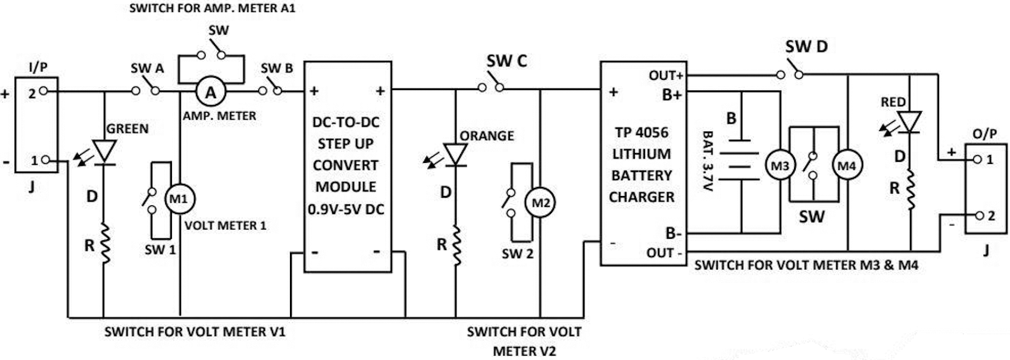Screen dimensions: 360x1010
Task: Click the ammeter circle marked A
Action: [211, 93]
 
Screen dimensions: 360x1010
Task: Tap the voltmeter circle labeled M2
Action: [541, 203]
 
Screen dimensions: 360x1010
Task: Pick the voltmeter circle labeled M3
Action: [780, 166]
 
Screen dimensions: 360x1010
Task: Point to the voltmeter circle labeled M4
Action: [847, 166]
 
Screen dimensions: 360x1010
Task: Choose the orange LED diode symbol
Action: [456, 155]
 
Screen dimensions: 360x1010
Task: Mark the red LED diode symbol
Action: [911, 122]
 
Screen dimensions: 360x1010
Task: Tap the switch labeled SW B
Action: [270, 89]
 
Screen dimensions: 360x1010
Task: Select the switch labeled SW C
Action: [490, 86]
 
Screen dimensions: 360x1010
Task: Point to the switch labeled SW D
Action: [789, 73]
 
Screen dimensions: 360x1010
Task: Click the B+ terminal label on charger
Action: [671, 96]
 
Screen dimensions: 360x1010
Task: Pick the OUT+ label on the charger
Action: [666, 76]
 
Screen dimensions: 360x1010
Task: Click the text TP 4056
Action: [642, 132]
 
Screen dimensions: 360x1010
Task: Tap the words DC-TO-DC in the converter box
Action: [346, 122]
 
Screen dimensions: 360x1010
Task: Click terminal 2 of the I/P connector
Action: [43, 91]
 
